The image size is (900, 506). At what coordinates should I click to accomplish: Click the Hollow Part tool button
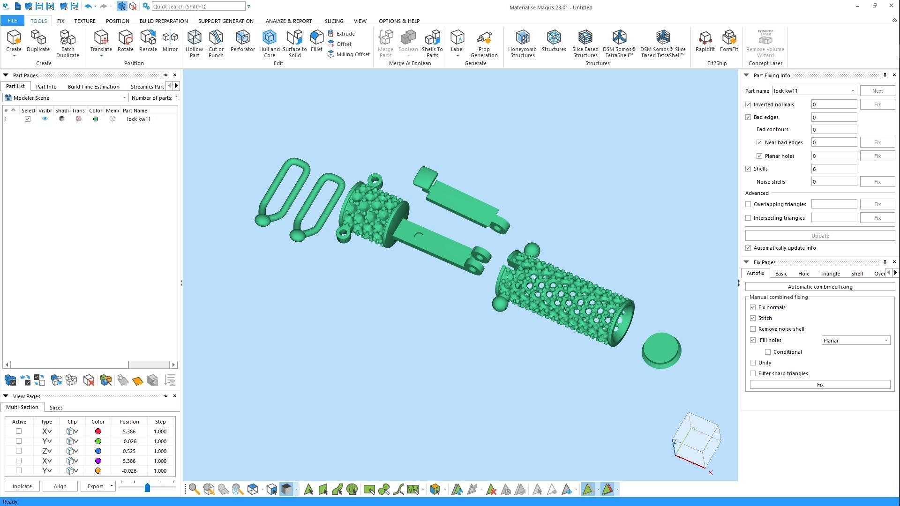pyautogui.click(x=194, y=43)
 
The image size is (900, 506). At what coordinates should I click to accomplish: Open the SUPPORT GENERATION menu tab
pyautogui.click(x=225, y=21)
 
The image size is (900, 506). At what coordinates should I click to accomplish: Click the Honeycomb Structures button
pyautogui.click(x=522, y=43)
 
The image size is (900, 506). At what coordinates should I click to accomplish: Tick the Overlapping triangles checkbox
pyautogui.click(x=748, y=204)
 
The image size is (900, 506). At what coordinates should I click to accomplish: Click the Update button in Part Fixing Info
pyautogui.click(x=820, y=236)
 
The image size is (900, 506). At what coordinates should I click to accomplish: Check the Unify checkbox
pyautogui.click(x=753, y=363)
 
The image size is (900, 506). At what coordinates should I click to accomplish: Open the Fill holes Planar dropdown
pyautogui.click(x=855, y=341)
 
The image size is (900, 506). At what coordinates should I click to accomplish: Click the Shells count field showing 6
pyautogui.click(x=833, y=169)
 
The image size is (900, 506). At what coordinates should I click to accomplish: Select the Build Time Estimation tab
pyautogui.click(x=93, y=87)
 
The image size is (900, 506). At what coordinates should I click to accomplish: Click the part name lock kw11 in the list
pyautogui.click(x=139, y=119)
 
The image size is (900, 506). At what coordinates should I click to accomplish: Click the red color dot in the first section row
pyautogui.click(x=98, y=432)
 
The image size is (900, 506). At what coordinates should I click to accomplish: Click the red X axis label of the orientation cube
pyautogui.click(x=711, y=473)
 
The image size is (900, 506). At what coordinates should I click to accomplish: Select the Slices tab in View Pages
pyautogui.click(x=56, y=408)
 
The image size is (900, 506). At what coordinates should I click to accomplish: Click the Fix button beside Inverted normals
pyautogui.click(x=877, y=104)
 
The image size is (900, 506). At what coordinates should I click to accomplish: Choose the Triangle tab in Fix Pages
pyautogui.click(x=830, y=274)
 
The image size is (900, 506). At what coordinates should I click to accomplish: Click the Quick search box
pyautogui.click(x=198, y=7)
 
